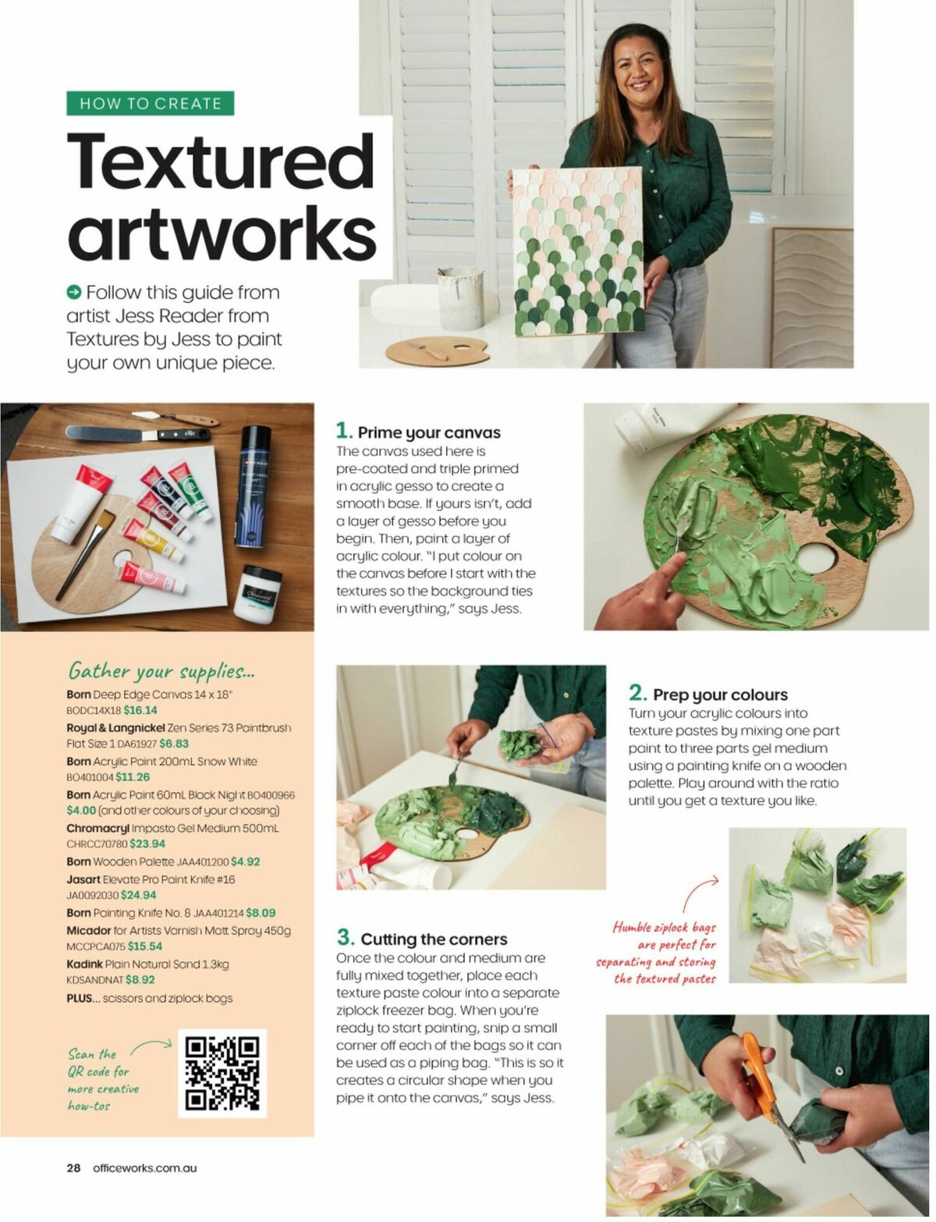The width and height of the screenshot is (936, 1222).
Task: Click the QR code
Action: point(222,1073)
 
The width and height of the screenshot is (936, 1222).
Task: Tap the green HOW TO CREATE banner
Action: point(151,104)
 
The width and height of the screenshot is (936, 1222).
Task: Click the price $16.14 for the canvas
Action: point(140,710)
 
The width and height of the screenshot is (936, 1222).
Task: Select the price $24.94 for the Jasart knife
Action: point(138,895)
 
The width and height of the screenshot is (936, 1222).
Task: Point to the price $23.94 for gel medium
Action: point(147,844)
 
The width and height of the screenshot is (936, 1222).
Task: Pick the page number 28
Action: point(73,1168)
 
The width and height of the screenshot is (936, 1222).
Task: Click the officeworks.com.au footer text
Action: point(144,1168)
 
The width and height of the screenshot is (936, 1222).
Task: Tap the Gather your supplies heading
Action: point(161,671)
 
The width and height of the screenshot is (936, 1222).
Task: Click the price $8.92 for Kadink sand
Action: point(140,979)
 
